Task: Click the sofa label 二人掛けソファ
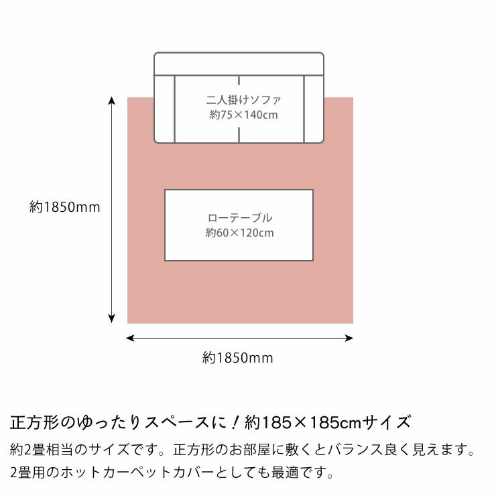coord(243,101)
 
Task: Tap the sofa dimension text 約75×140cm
coord(243,115)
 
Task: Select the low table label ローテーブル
coord(240,218)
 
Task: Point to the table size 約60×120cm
coord(240,233)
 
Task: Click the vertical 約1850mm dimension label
coord(65,207)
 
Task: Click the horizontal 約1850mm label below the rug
coord(238,358)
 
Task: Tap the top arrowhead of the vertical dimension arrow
coord(112,100)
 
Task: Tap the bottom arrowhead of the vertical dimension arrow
coord(112,320)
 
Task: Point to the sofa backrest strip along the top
coord(239,64)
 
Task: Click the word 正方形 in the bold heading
coord(34,423)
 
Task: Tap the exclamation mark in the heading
coord(236,423)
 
